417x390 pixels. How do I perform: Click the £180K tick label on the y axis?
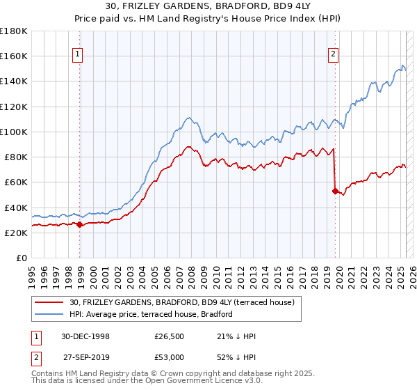(13, 31)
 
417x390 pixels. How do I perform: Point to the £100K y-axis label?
(13, 132)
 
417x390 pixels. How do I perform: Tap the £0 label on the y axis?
(20, 258)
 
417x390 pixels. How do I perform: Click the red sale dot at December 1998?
(80, 224)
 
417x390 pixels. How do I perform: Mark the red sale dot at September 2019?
(335, 190)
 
